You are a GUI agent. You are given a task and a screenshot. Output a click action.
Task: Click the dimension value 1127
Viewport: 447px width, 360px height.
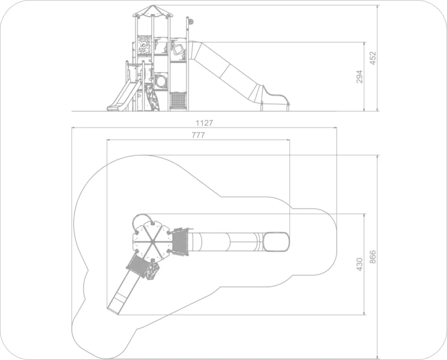204,123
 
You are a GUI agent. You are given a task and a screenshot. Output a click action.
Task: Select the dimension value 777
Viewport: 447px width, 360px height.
198,135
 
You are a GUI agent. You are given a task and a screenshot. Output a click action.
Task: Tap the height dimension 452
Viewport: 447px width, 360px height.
373,58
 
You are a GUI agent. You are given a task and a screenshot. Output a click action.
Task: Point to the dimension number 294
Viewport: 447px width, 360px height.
360,76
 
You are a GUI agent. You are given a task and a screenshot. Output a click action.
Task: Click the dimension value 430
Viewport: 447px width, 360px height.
360,264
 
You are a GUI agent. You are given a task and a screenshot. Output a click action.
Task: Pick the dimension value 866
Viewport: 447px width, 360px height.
373,257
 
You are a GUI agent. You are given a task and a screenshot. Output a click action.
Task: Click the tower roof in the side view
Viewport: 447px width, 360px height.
152,11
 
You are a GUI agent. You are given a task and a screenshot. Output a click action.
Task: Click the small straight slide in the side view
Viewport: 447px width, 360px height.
123,96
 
